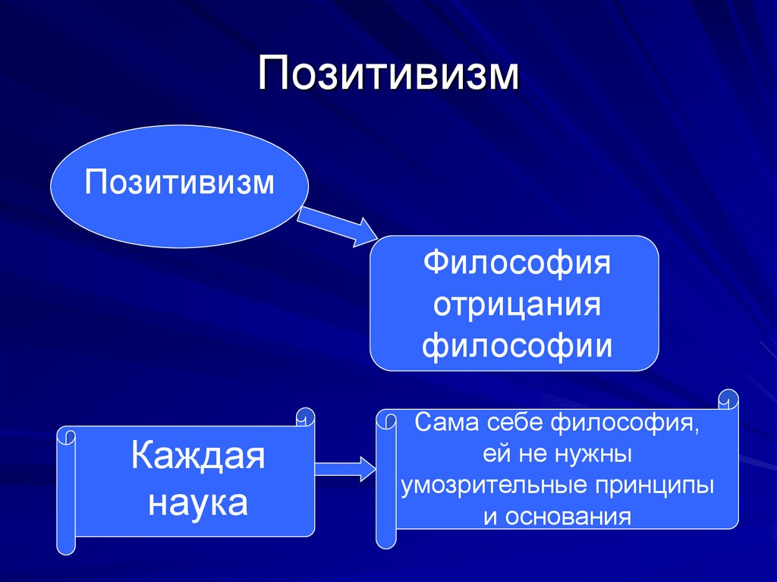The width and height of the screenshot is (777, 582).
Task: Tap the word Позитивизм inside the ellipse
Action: click(x=179, y=183)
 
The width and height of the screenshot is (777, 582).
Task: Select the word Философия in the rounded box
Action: click(x=517, y=266)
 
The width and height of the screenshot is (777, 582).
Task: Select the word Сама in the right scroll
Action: click(x=440, y=422)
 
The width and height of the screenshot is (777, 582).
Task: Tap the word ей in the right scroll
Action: click(x=495, y=455)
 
